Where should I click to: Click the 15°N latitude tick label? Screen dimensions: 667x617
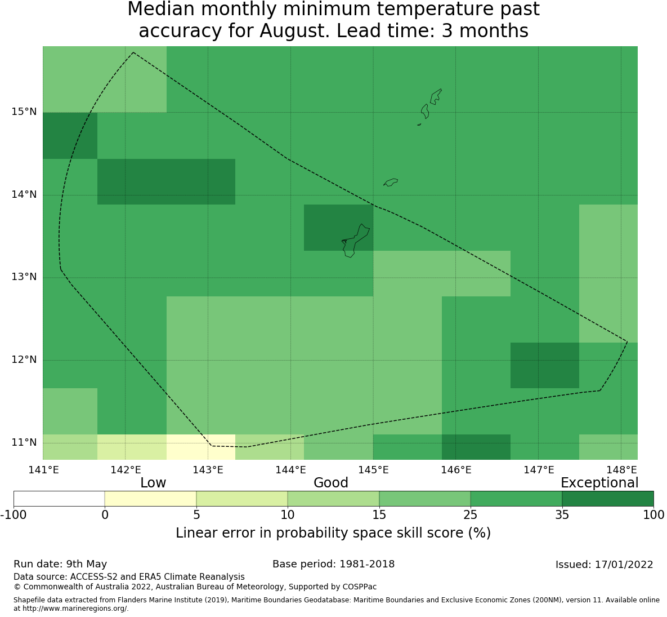click(x=24, y=112)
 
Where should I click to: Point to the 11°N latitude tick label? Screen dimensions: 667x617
click(x=24, y=443)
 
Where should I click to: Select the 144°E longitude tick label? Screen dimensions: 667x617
click(x=291, y=470)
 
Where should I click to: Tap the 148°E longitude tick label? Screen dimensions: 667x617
click(x=621, y=470)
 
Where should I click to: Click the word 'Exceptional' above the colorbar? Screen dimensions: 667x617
click(x=599, y=483)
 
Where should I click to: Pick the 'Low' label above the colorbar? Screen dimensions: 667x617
click(x=153, y=483)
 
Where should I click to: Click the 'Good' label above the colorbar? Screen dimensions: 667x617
click(x=331, y=483)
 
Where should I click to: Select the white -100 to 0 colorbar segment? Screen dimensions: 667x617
click(x=59, y=499)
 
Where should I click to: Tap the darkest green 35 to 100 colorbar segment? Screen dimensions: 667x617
click(x=607, y=499)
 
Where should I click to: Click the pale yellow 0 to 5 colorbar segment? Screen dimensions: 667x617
click(x=151, y=499)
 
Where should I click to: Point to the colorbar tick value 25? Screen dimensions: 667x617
click(x=470, y=515)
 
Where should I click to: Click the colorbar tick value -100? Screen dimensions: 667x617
click(x=14, y=515)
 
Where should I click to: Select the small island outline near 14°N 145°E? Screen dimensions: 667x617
click(x=391, y=182)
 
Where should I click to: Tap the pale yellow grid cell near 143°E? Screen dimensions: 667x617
click(x=201, y=447)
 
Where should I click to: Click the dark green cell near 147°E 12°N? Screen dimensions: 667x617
click(x=545, y=365)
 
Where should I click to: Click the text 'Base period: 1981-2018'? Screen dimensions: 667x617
click(x=333, y=564)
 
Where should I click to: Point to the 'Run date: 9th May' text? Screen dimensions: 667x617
click(x=60, y=565)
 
